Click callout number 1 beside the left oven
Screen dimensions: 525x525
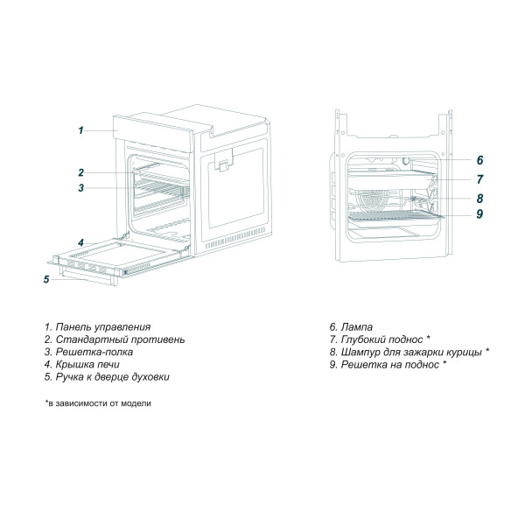coord(80,130)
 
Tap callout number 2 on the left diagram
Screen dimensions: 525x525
coord(80,172)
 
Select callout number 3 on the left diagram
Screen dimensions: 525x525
coord(80,187)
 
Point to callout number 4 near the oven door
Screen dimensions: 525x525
coord(80,242)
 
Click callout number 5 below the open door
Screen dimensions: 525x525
coord(46,280)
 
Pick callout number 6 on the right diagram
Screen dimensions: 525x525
coord(480,161)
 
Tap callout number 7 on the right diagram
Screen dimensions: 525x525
coord(480,178)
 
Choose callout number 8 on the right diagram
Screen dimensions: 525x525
coord(480,198)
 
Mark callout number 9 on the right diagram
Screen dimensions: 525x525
coord(480,213)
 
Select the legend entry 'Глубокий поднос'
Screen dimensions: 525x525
coord(384,339)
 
